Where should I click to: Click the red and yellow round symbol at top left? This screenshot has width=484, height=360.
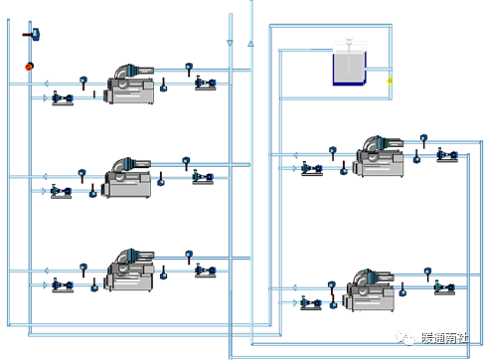tap(30, 67)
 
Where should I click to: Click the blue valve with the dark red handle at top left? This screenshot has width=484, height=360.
tap(33, 35)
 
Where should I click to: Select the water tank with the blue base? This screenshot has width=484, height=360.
tap(350, 63)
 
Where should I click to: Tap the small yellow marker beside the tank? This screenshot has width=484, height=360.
tap(390, 81)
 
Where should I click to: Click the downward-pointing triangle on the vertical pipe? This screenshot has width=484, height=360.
tap(230, 43)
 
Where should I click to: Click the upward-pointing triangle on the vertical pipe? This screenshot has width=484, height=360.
tap(250, 44)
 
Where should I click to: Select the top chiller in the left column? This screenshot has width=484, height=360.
tap(130, 85)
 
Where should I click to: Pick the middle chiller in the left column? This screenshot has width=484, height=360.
tap(127, 178)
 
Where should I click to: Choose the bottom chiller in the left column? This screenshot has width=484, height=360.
tap(130, 270)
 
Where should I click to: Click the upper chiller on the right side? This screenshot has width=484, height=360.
tap(380, 156)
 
